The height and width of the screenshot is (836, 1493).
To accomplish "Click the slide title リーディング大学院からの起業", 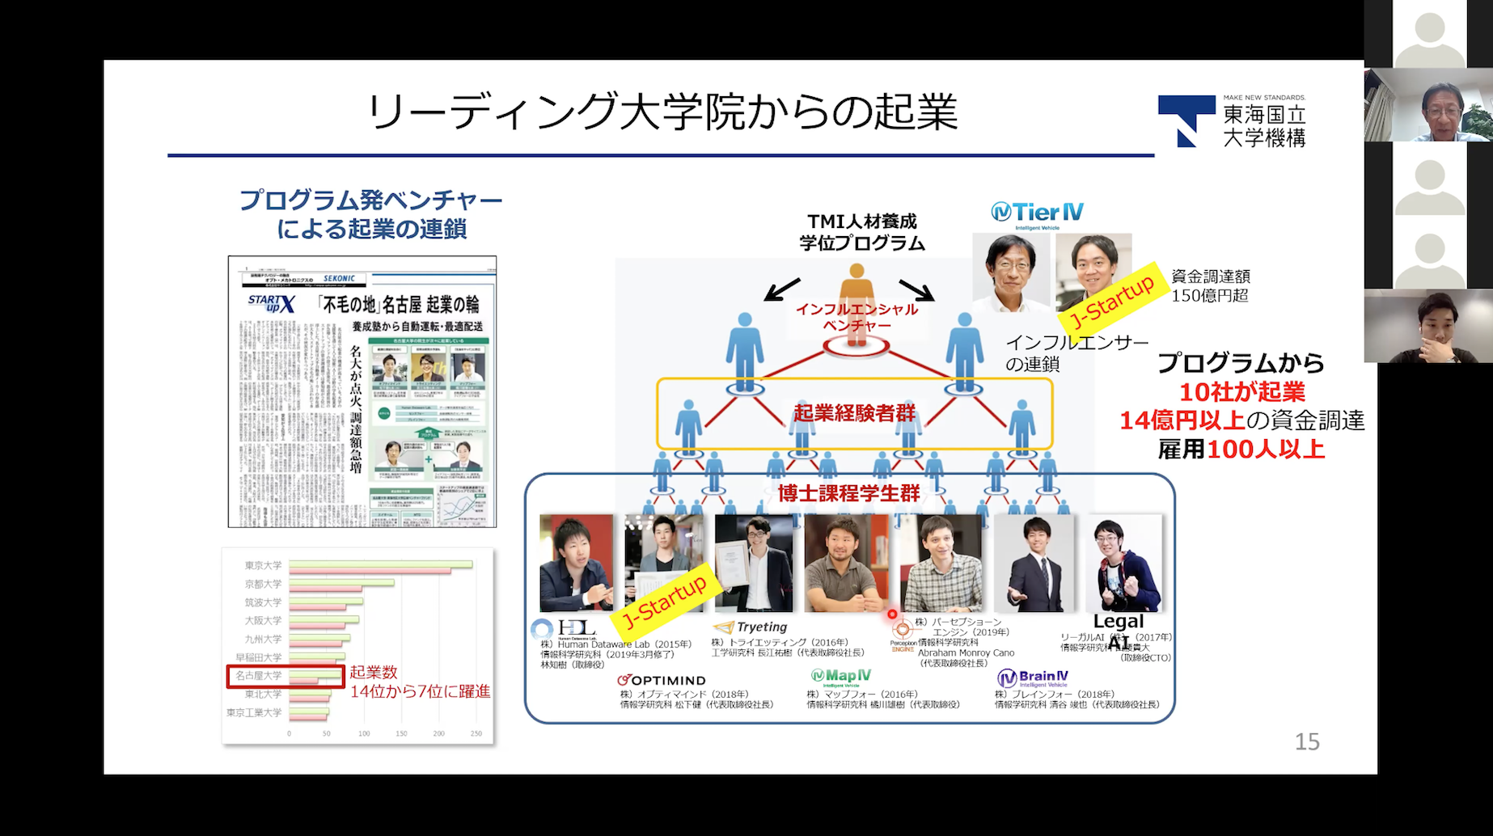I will point(662,112).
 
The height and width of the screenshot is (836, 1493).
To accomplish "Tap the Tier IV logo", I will point(1037,213).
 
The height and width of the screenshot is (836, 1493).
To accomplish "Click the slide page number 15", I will point(1306,741).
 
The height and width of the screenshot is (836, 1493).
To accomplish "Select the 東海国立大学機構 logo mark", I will point(1186,120).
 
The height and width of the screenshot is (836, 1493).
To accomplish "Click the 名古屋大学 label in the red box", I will point(259,676).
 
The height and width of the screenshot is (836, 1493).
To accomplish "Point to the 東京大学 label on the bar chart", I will point(264,565).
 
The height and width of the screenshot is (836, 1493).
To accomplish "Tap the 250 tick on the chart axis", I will point(476,734).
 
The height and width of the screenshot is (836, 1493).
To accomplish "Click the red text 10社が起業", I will point(1241,392).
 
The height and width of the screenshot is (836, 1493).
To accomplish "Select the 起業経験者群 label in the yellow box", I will point(854,413).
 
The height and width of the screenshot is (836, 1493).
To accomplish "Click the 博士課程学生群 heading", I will point(848,493).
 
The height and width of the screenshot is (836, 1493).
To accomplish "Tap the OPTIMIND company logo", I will point(662,680).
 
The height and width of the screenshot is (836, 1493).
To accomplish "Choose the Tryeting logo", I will point(751,627).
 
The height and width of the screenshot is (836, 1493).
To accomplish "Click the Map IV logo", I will point(841,676).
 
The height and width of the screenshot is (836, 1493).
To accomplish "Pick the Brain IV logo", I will point(1033,677).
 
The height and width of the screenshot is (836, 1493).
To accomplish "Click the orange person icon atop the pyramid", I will point(856,291).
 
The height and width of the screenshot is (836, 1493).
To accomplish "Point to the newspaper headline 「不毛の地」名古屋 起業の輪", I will point(400,304).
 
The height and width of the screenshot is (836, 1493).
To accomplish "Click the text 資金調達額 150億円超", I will point(1210,286).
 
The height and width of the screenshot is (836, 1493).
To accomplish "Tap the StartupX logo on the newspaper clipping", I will point(272,304).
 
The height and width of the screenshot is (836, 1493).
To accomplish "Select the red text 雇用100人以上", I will point(1241,450).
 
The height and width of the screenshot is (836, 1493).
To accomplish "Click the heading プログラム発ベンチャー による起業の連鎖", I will point(371,214).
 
